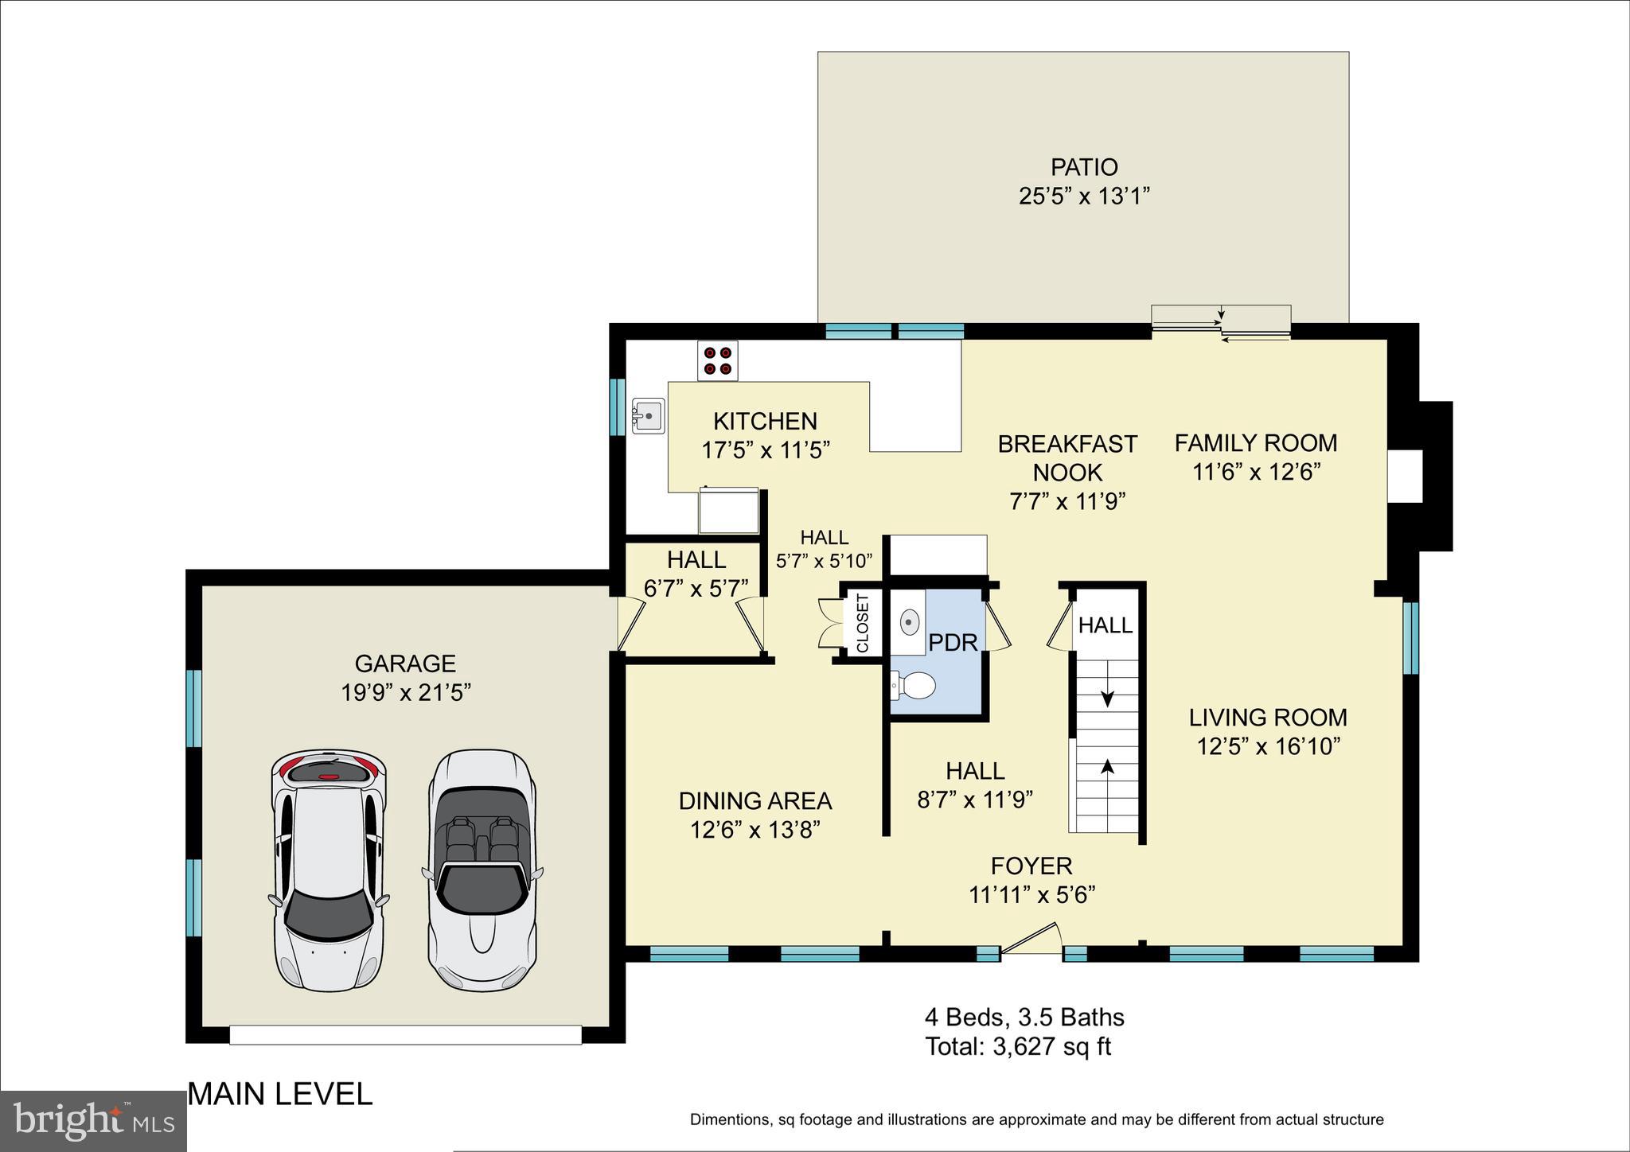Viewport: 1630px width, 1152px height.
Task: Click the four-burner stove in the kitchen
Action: [x=717, y=360]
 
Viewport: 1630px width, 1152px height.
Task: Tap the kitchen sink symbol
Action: [x=648, y=415]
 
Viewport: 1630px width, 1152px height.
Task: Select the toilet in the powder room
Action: [x=914, y=685]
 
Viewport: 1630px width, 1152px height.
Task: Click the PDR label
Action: [x=953, y=642]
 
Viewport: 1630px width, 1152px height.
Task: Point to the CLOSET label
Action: [x=863, y=624]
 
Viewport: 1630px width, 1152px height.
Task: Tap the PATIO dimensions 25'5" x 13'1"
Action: [x=1084, y=196]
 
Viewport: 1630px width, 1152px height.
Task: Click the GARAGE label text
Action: [x=405, y=663]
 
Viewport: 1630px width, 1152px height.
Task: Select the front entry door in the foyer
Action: [x=1031, y=939]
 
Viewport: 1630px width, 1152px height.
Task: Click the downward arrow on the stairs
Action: [x=1106, y=697]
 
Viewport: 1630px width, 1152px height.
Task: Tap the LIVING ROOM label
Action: [x=1268, y=717]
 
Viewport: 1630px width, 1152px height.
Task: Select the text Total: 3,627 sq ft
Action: [x=1017, y=1046]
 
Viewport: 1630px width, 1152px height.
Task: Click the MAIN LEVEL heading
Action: [x=280, y=1094]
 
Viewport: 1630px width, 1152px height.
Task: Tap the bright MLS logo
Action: [x=93, y=1121]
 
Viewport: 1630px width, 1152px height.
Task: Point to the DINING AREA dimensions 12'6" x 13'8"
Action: [x=755, y=830]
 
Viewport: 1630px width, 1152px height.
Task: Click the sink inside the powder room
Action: [x=910, y=621]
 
